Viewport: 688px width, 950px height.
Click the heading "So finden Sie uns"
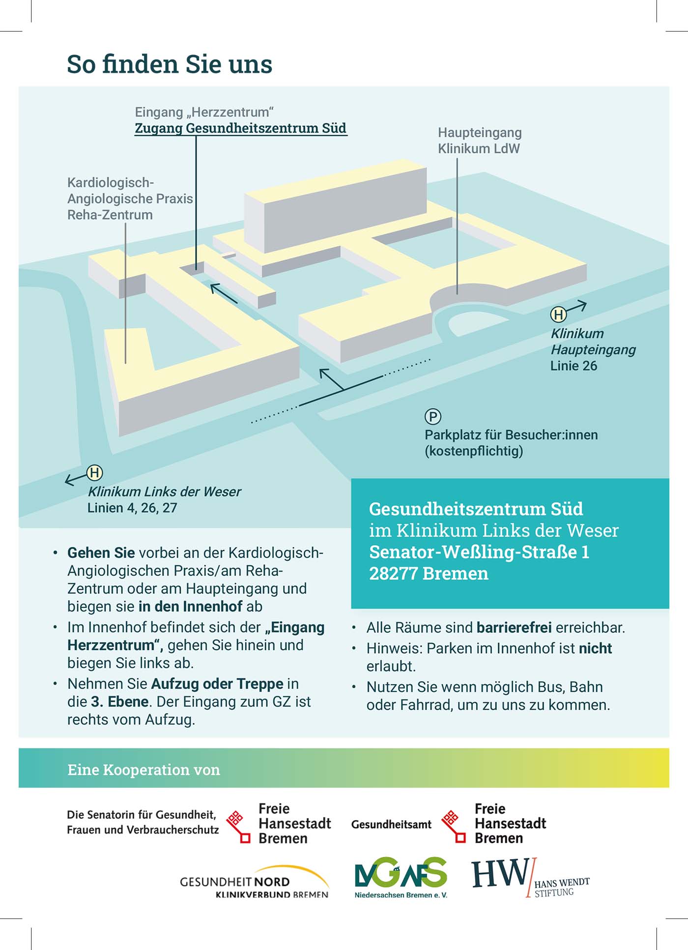pos(170,64)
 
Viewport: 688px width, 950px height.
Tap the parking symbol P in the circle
pos(433,417)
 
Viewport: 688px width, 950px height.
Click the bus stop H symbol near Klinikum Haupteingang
pos(558,314)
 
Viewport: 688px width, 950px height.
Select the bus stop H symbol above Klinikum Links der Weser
pos(95,473)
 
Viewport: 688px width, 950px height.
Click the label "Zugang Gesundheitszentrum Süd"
pos(241,128)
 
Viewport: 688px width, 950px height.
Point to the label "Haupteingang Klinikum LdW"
pos(480,141)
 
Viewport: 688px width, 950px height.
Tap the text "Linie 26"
pos(573,366)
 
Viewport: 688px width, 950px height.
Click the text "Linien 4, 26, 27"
pos(132,508)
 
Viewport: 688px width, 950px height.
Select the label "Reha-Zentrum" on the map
pos(110,215)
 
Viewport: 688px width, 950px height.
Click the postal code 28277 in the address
pos(393,574)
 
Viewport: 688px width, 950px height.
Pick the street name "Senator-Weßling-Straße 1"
pos(479,552)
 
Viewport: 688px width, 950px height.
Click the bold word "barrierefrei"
pos(514,628)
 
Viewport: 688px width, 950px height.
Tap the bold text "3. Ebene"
pos(120,701)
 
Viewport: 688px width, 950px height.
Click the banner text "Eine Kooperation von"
pos(143,770)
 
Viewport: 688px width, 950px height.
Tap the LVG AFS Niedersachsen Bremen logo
pos(401,878)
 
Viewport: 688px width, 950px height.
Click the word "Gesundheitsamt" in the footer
pos(391,824)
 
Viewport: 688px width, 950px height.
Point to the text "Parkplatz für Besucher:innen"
pos(511,435)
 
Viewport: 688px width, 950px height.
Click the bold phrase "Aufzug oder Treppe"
pos(217,684)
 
